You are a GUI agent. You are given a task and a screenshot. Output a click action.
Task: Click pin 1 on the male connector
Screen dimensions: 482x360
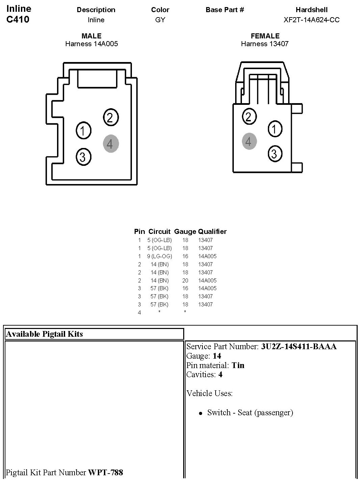(83, 130)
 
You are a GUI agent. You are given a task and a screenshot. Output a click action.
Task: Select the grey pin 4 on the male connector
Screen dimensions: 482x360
(110, 144)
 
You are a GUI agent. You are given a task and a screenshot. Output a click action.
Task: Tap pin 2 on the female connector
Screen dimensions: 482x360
(249, 117)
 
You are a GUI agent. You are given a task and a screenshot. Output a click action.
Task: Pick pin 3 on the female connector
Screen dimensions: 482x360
(275, 154)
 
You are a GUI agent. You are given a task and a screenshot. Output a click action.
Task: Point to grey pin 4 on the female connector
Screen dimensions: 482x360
(249, 141)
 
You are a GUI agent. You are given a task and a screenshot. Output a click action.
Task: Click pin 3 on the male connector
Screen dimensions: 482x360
(83, 156)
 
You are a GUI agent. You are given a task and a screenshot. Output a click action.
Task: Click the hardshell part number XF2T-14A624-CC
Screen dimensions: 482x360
(311, 20)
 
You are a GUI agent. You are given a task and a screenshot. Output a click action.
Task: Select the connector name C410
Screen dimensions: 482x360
(18, 19)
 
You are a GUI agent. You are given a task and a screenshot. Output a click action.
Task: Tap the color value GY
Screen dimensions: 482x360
(160, 20)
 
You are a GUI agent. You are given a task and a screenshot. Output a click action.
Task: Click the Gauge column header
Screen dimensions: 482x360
(185, 232)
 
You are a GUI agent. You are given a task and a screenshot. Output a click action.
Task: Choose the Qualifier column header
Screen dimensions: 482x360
(212, 232)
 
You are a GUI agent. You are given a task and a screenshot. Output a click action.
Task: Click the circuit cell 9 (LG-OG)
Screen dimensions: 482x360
(159, 256)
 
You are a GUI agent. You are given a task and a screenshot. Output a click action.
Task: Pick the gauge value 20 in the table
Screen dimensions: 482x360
(185, 280)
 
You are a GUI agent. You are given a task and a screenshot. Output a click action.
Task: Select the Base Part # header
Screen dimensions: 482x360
(225, 10)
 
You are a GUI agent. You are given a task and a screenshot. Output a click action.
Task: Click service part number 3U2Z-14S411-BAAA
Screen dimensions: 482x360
(299, 347)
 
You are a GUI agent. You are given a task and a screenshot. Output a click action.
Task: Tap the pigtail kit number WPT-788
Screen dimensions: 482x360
(105, 473)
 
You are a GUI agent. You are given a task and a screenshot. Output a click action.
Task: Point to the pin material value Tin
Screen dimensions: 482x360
(238, 365)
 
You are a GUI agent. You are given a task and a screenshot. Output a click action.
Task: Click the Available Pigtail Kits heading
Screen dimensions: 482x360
(44, 334)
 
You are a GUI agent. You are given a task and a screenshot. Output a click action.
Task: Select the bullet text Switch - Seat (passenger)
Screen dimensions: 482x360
(250, 413)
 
